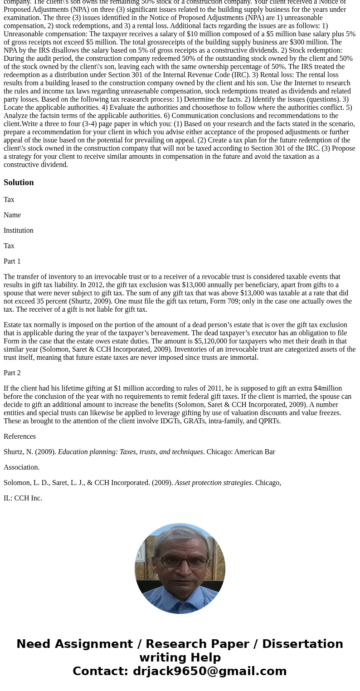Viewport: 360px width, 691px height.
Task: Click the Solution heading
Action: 19,182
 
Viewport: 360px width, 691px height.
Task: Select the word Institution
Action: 18,230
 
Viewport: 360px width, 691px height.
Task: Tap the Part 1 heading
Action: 12,261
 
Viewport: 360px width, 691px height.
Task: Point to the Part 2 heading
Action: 12,373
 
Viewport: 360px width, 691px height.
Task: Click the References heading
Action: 19,436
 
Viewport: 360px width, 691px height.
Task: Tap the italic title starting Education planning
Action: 130,452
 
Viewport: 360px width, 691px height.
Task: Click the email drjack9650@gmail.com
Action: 209,671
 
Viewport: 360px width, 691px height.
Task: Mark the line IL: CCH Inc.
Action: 23,498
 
